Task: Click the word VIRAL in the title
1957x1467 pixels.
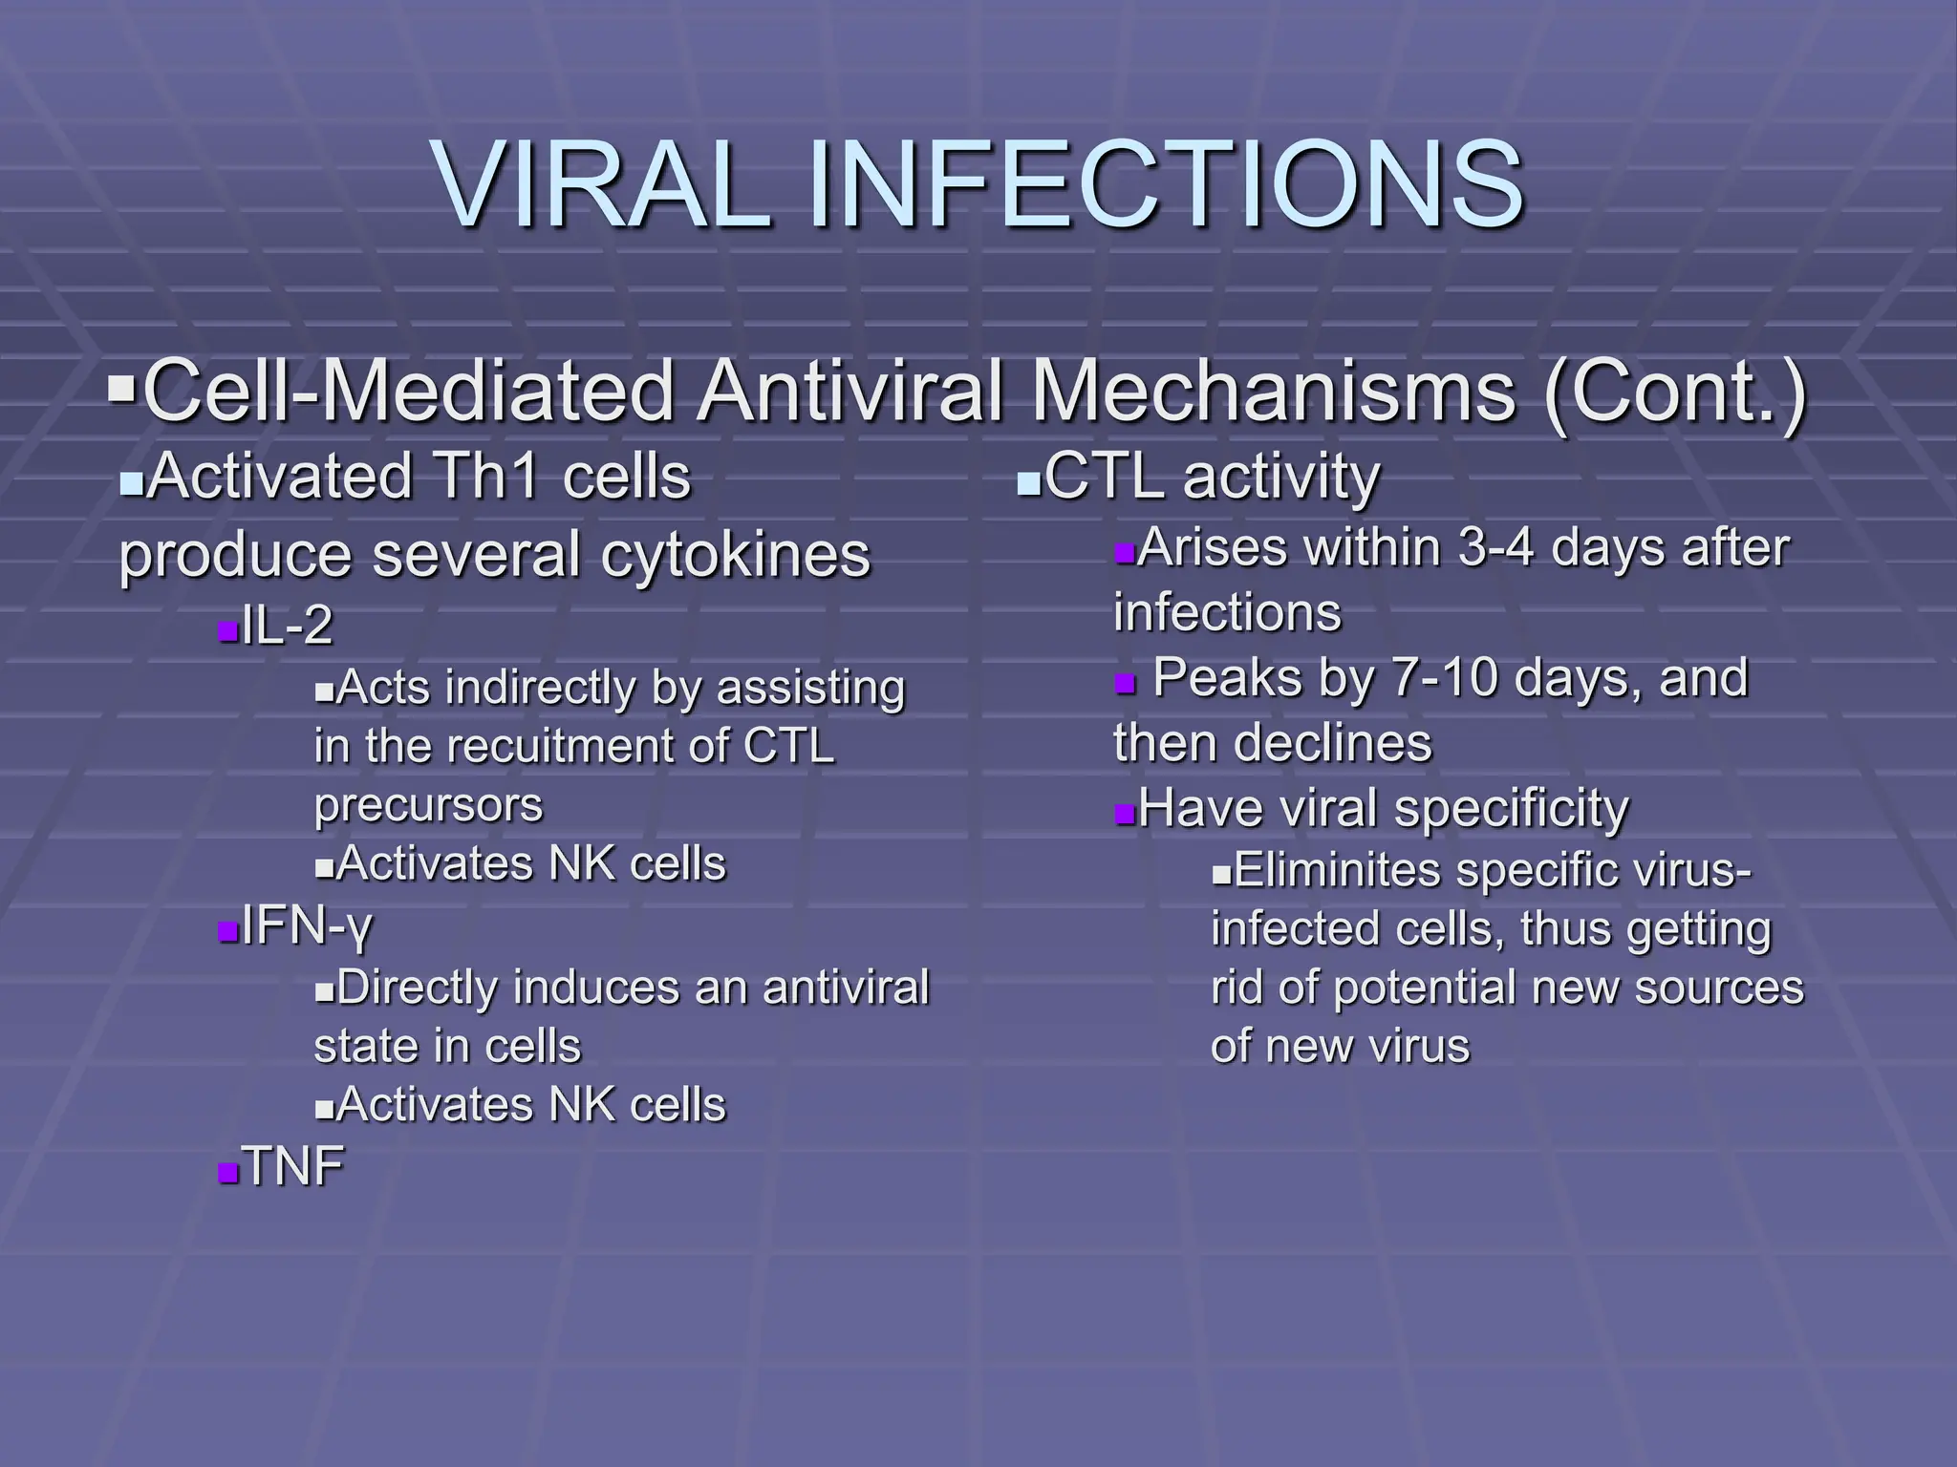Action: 603,183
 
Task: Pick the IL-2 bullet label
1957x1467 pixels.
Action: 287,627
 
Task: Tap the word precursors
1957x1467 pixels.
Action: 428,804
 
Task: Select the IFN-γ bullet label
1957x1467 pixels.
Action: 306,925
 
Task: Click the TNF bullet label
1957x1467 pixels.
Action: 292,1166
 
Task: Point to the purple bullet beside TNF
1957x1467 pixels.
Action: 227,1172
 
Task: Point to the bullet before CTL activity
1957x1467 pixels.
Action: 1027,486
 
